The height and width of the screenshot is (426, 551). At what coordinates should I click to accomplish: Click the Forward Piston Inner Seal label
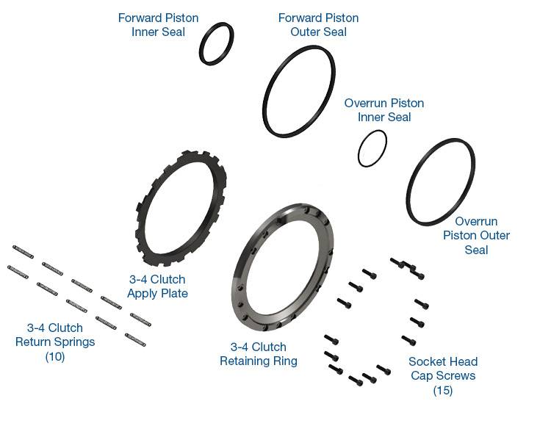(x=158, y=25)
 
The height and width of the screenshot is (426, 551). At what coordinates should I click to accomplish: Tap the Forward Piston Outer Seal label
(x=318, y=25)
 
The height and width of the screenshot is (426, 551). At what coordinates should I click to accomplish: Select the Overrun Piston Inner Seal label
(x=384, y=110)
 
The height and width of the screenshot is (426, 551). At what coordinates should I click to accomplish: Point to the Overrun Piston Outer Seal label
(x=476, y=235)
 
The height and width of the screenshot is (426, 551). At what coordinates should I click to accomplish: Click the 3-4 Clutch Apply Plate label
(x=157, y=286)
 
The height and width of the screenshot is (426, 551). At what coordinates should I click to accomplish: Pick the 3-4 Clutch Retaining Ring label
(x=259, y=354)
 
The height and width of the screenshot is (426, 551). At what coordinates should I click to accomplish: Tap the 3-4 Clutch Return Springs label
(x=55, y=335)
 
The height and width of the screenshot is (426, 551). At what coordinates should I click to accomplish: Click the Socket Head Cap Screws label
(x=443, y=369)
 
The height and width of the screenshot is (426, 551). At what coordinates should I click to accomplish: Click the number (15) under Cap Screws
(x=443, y=390)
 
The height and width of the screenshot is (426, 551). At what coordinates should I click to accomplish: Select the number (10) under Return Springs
(x=55, y=356)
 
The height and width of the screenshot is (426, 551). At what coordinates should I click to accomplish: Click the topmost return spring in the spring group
(x=24, y=251)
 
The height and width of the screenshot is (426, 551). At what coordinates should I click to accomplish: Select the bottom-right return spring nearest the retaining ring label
(x=135, y=339)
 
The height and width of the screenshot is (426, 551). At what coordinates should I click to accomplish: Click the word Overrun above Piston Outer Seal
(x=476, y=221)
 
